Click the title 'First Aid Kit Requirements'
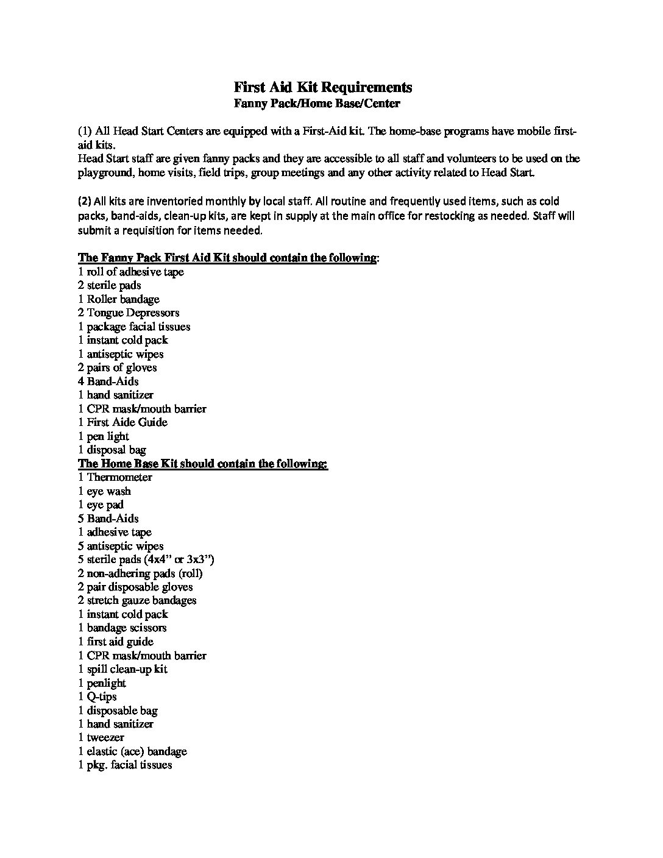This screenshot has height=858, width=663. (x=323, y=87)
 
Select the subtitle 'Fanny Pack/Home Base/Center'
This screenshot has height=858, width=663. (x=317, y=103)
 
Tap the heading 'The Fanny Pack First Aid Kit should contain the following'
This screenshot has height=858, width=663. (x=227, y=257)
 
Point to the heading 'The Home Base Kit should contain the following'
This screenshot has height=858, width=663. (x=202, y=464)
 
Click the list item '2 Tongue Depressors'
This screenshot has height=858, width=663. (x=129, y=313)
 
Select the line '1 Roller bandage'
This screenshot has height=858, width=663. (x=119, y=299)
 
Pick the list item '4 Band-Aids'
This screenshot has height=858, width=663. (x=108, y=381)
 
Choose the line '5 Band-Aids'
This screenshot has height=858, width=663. (x=108, y=519)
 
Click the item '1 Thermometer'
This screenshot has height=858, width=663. (x=115, y=477)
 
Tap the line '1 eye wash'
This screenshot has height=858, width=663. (x=104, y=491)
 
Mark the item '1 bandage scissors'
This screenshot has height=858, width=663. (x=122, y=628)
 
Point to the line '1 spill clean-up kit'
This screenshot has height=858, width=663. (x=122, y=669)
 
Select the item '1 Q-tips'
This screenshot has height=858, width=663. (x=97, y=697)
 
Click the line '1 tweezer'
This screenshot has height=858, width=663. (x=101, y=737)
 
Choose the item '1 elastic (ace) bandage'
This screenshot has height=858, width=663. (x=132, y=751)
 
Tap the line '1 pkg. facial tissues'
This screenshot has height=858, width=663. (x=125, y=765)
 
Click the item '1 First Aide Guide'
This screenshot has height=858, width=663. (x=122, y=422)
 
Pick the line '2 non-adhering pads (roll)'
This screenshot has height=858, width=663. (x=140, y=573)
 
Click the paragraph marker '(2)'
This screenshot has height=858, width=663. (x=84, y=202)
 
